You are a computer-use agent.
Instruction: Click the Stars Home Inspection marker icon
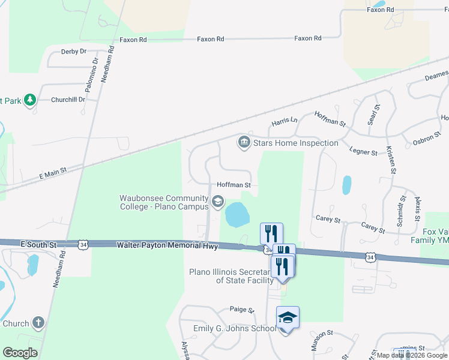(244, 143)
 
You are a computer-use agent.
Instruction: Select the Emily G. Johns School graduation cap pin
(288, 317)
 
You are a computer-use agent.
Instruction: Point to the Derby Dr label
(74, 52)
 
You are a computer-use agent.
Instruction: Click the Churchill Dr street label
(68, 100)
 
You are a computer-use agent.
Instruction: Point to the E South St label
(38, 245)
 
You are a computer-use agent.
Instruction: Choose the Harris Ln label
(284, 121)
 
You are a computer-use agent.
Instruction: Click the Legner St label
(364, 153)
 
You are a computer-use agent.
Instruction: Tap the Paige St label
(242, 310)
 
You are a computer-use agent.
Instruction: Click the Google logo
(20, 352)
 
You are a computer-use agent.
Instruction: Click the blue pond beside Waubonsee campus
(236, 214)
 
